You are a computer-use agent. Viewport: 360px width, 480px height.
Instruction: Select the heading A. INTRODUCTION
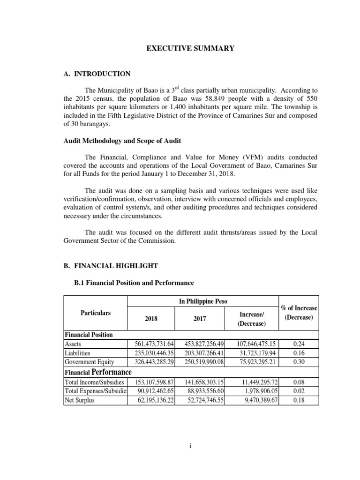[97, 74]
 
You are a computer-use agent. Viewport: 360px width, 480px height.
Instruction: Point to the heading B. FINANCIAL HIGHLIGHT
[111, 266]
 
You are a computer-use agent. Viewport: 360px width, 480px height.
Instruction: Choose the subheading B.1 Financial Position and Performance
[134, 283]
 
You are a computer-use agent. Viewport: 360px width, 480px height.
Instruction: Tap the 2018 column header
[151, 319]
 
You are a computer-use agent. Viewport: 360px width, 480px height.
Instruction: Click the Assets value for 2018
[151, 344]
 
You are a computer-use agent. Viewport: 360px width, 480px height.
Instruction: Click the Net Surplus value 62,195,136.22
[151, 400]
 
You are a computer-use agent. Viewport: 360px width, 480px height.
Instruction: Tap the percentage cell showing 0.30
[299, 361]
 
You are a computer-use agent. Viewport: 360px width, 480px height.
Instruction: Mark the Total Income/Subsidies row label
[94, 382]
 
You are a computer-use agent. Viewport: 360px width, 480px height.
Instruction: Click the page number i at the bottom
[190, 446]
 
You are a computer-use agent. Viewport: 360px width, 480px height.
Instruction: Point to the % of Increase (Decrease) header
[299, 312]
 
